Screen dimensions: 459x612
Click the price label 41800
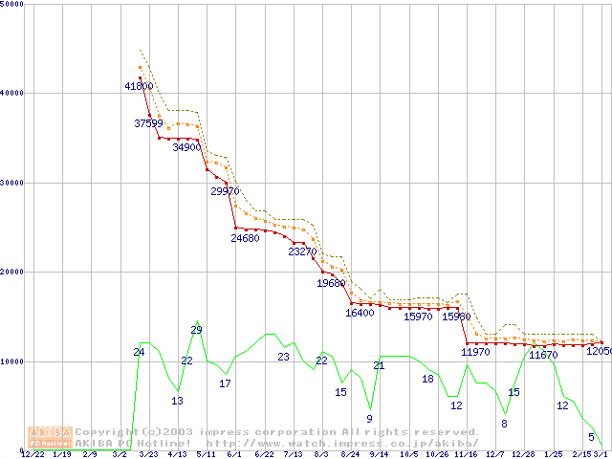(140, 86)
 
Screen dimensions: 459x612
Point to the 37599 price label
(149, 123)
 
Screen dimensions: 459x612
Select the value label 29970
(225, 191)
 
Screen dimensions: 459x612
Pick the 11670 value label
(543, 355)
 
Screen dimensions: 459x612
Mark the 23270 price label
(302, 252)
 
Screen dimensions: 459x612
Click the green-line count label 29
(196, 331)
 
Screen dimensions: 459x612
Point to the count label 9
(369, 419)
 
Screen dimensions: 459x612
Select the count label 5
(590, 437)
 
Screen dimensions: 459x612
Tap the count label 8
(504, 424)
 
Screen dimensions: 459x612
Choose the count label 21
(379, 366)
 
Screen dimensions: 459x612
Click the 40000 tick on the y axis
(12, 93)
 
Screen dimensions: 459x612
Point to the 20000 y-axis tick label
(12, 273)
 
